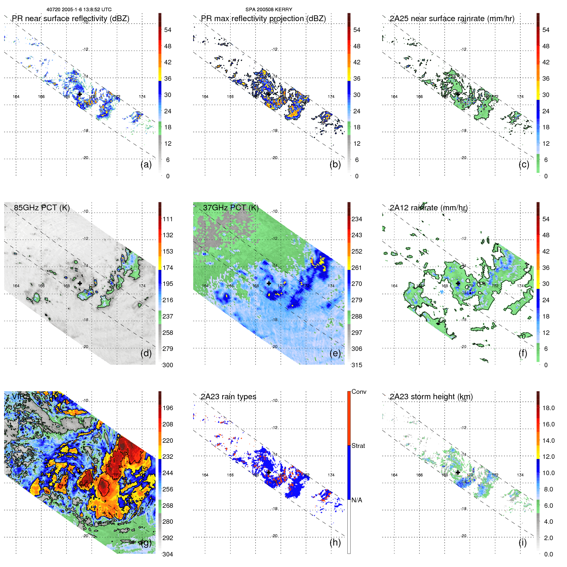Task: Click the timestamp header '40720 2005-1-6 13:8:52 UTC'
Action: (x=79, y=10)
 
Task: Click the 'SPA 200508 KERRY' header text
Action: (x=269, y=10)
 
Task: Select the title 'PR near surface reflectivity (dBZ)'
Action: (x=71, y=19)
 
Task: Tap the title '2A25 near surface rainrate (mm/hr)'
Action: (x=452, y=19)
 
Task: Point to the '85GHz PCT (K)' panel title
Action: (x=42, y=208)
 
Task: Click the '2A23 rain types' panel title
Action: (x=228, y=397)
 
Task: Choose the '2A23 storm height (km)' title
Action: (x=431, y=397)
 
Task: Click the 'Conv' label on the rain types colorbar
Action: (x=359, y=392)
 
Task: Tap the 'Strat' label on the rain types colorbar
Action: (x=358, y=446)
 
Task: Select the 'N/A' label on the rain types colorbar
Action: (x=357, y=500)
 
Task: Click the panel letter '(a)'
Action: (x=146, y=164)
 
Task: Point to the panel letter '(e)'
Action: (x=335, y=353)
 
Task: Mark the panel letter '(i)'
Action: (x=522, y=542)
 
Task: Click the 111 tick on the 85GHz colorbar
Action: (x=168, y=219)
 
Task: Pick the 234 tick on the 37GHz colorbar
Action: (x=357, y=219)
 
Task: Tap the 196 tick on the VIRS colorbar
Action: (x=168, y=408)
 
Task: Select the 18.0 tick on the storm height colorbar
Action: (x=548, y=408)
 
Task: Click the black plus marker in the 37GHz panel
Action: (x=269, y=283)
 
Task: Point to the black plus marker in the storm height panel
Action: (x=458, y=473)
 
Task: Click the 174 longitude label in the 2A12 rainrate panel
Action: (x=520, y=286)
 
